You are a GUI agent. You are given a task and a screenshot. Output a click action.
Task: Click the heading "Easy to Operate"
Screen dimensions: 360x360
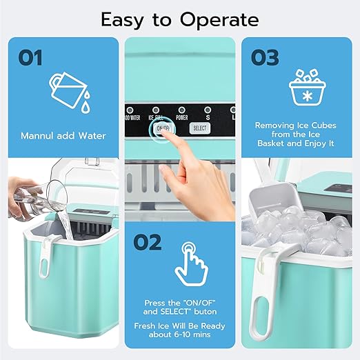coord(180,19)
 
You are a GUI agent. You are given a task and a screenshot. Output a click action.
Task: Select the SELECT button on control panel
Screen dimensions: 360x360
coord(199,128)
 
